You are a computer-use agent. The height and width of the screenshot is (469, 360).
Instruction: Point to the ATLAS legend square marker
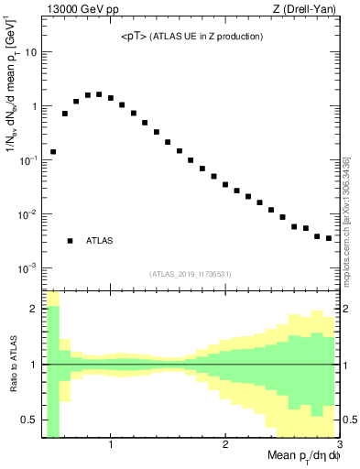(70, 241)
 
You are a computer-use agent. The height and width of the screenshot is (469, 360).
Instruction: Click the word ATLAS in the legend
(100, 241)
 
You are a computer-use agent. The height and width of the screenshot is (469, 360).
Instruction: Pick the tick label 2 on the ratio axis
(33, 309)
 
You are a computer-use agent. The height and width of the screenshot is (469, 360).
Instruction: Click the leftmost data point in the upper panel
(53, 151)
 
